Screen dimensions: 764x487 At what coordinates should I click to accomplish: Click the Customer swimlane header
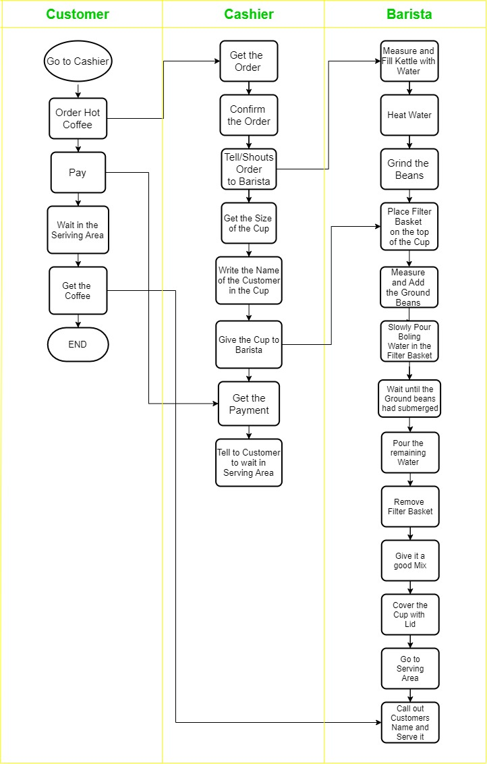pos(78,14)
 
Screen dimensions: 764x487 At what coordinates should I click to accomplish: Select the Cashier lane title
pos(249,14)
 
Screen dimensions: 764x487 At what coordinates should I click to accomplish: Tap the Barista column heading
pos(409,14)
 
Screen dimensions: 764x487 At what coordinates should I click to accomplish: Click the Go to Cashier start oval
pos(78,61)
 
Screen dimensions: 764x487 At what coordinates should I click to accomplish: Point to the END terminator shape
pos(78,344)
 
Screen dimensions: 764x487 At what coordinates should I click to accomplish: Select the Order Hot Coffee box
pos(78,119)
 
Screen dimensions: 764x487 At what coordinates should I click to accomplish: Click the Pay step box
pos(78,173)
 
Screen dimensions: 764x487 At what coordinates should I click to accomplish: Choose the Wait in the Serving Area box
pos(78,230)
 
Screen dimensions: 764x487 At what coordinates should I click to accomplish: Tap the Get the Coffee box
pos(78,291)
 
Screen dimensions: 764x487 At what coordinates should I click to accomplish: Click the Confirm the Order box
pos(249,115)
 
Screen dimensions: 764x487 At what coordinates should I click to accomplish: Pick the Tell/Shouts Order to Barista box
pos(249,169)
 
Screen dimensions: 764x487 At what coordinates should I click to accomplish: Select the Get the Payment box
pos(249,404)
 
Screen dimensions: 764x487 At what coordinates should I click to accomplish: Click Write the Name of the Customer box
pos(249,280)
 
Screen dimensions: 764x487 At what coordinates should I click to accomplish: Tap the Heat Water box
pos(409,115)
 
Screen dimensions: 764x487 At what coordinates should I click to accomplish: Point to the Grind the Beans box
pos(409,169)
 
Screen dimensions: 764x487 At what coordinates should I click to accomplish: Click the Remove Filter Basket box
pos(409,507)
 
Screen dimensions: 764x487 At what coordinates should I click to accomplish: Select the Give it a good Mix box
pos(409,561)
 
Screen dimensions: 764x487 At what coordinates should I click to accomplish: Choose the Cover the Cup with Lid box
pos(409,615)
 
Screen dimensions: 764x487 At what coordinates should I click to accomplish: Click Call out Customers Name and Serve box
pos(409,723)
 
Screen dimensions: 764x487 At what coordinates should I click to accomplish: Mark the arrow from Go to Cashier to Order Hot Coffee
pos(78,90)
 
